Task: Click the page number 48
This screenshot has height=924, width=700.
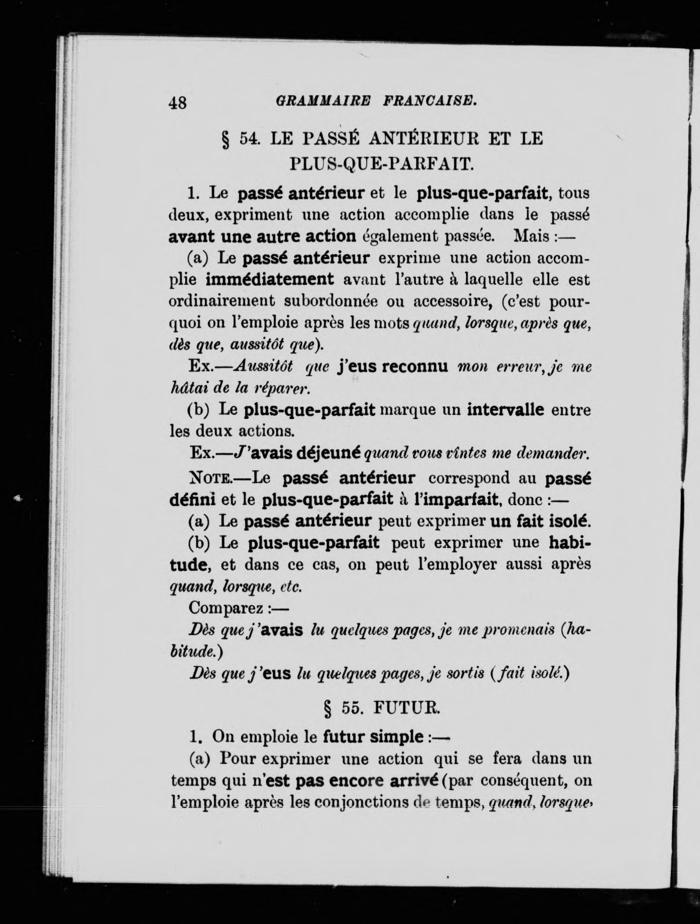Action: point(178,103)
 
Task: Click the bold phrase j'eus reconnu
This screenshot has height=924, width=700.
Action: point(392,366)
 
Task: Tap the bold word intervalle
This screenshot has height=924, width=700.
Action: point(506,409)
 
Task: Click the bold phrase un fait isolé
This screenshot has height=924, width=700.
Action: point(540,521)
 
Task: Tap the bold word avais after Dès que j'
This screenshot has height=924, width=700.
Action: point(283,630)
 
